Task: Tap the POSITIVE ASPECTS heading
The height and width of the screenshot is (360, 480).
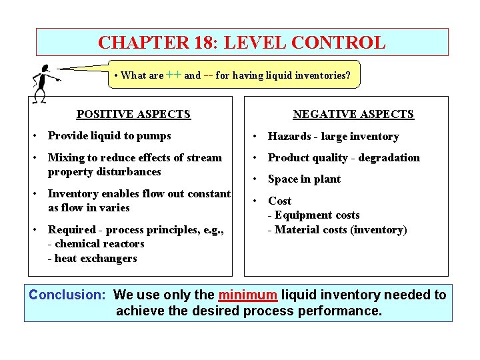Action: click(x=133, y=115)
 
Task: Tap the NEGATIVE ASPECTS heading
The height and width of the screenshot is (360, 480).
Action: click(x=353, y=115)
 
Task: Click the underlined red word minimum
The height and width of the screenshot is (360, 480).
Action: click(x=247, y=295)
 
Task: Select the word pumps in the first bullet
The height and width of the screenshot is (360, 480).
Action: click(x=155, y=136)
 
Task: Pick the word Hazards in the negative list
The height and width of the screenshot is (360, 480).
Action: click(x=289, y=137)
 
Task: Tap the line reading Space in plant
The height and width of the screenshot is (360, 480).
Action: click(x=304, y=179)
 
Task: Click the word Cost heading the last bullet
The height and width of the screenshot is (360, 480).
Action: click(x=280, y=201)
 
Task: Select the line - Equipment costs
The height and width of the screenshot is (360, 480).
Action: click(x=313, y=215)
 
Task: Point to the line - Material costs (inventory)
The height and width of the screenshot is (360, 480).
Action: click(x=337, y=230)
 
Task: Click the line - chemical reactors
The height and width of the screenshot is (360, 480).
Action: click(x=96, y=244)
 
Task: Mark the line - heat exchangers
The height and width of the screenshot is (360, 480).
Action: click(x=92, y=259)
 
